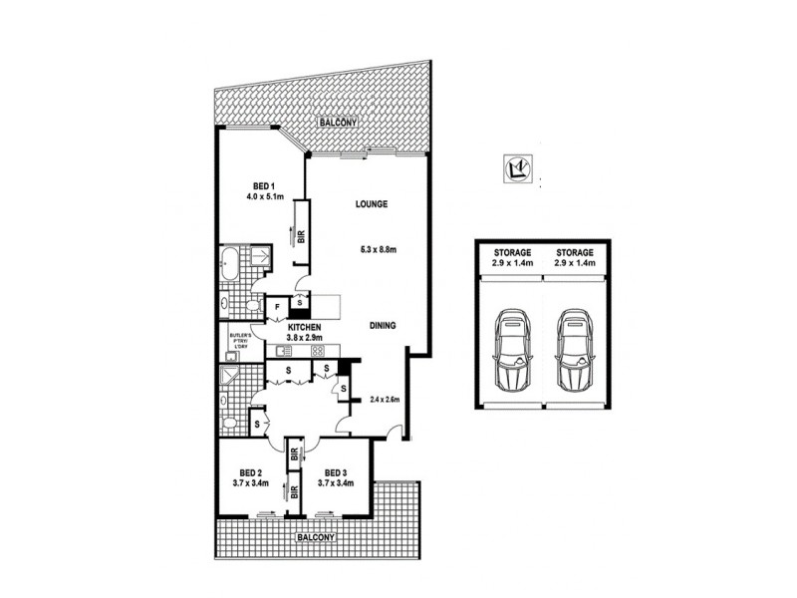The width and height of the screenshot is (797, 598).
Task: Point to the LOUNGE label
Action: tap(371, 204)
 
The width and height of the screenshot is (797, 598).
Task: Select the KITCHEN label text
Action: tap(304, 328)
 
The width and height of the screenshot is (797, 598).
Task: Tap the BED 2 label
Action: tap(251, 473)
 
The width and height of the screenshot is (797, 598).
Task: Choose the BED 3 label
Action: tap(334, 473)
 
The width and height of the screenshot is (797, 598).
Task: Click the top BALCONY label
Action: tap(338, 123)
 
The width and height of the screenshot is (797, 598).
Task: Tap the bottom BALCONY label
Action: tap(317, 538)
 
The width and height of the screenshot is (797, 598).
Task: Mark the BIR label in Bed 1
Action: tap(301, 237)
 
